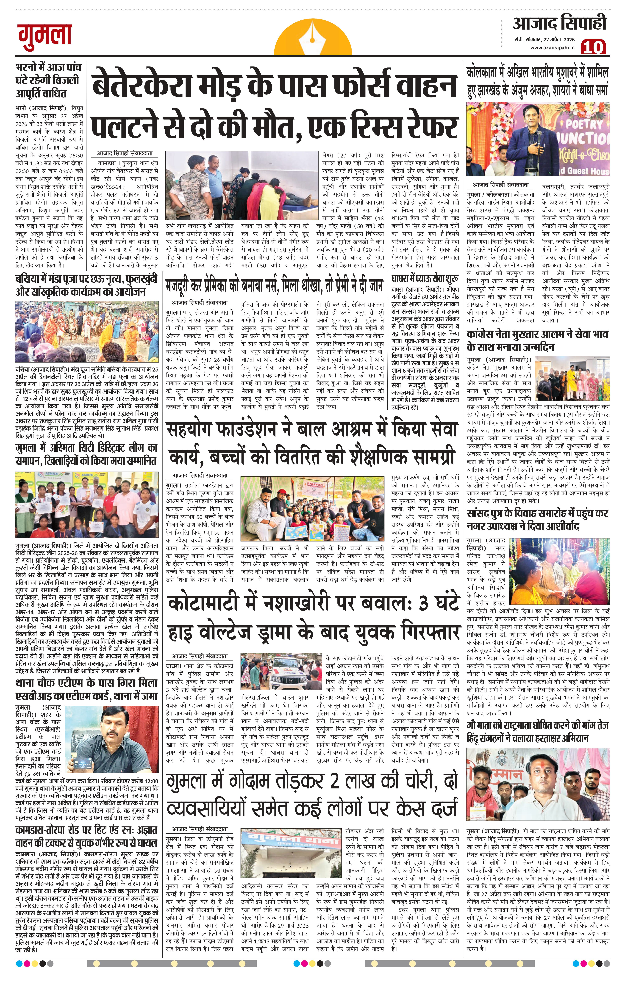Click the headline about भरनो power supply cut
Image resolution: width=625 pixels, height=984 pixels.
click(x=48, y=80)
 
